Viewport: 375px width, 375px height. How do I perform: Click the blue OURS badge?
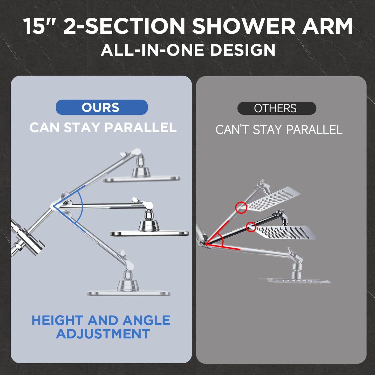(101, 107)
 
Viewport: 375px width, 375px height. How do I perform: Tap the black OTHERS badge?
(277, 108)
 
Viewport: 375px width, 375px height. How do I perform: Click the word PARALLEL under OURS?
(141, 128)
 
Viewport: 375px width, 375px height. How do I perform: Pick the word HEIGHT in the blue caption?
(58, 321)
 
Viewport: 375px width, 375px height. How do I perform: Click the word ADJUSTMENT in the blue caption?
(103, 334)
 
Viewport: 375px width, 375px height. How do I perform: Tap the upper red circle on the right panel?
(241, 208)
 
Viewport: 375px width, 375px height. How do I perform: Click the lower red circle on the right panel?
(251, 227)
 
